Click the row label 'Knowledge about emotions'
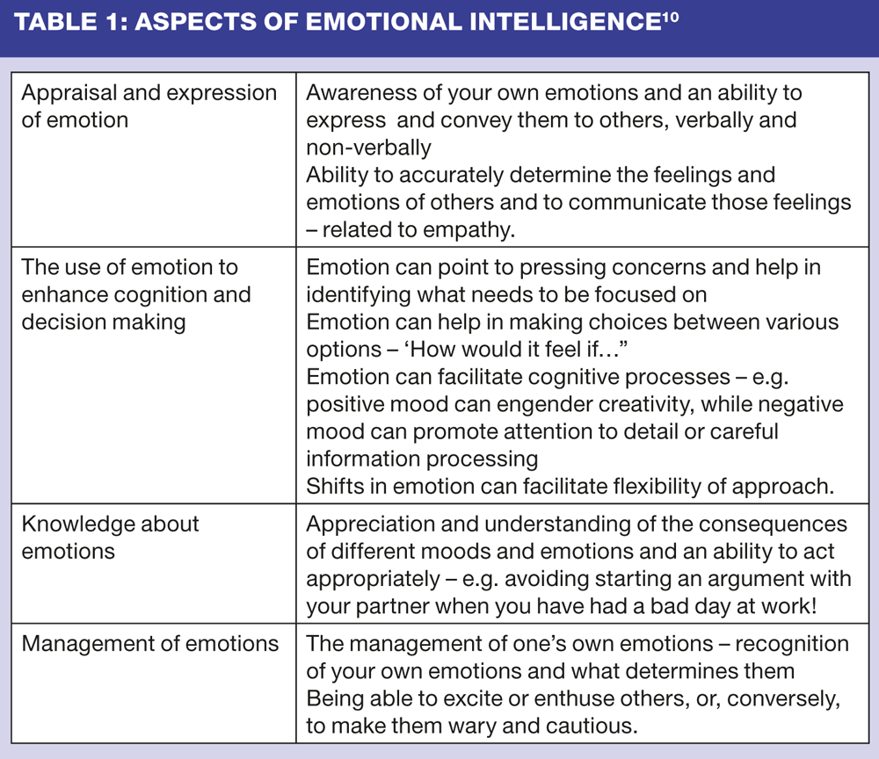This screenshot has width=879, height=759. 111,537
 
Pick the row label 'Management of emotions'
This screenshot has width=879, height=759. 149,643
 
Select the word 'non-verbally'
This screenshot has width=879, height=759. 368,148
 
